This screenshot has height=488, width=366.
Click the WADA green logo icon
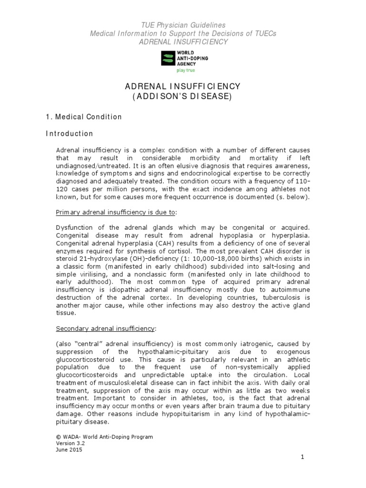click(x=169, y=59)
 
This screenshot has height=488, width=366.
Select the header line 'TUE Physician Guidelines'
click(x=183, y=24)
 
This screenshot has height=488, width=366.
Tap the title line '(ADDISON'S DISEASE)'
click(x=183, y=97)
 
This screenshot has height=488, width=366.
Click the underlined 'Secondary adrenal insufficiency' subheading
click(x=105, y=328)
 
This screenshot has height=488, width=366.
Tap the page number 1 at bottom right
click(x=302, y=457)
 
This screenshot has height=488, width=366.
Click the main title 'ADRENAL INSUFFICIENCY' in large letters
click(x=183, y=87)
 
